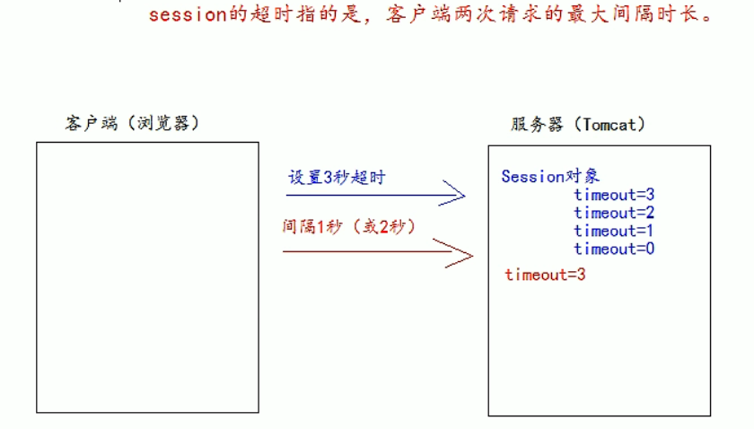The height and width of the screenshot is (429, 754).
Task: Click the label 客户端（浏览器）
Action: [131, 123]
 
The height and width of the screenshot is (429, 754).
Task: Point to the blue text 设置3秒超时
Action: [336, 178]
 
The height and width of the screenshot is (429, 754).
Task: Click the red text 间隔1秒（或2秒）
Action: [350, 227]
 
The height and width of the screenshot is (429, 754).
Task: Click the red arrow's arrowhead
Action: [461, 253]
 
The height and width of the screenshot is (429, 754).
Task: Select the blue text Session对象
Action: [544, 176]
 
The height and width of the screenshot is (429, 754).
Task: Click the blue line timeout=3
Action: [614, 195]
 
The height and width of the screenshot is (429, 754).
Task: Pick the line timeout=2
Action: [614, 213]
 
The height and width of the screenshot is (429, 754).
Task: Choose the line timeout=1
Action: [614, 231]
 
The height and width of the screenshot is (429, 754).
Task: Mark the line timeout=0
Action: [614, 249]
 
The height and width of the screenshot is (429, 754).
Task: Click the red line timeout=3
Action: [545, 275]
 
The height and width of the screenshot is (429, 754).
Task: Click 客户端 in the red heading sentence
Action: [433, 15]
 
